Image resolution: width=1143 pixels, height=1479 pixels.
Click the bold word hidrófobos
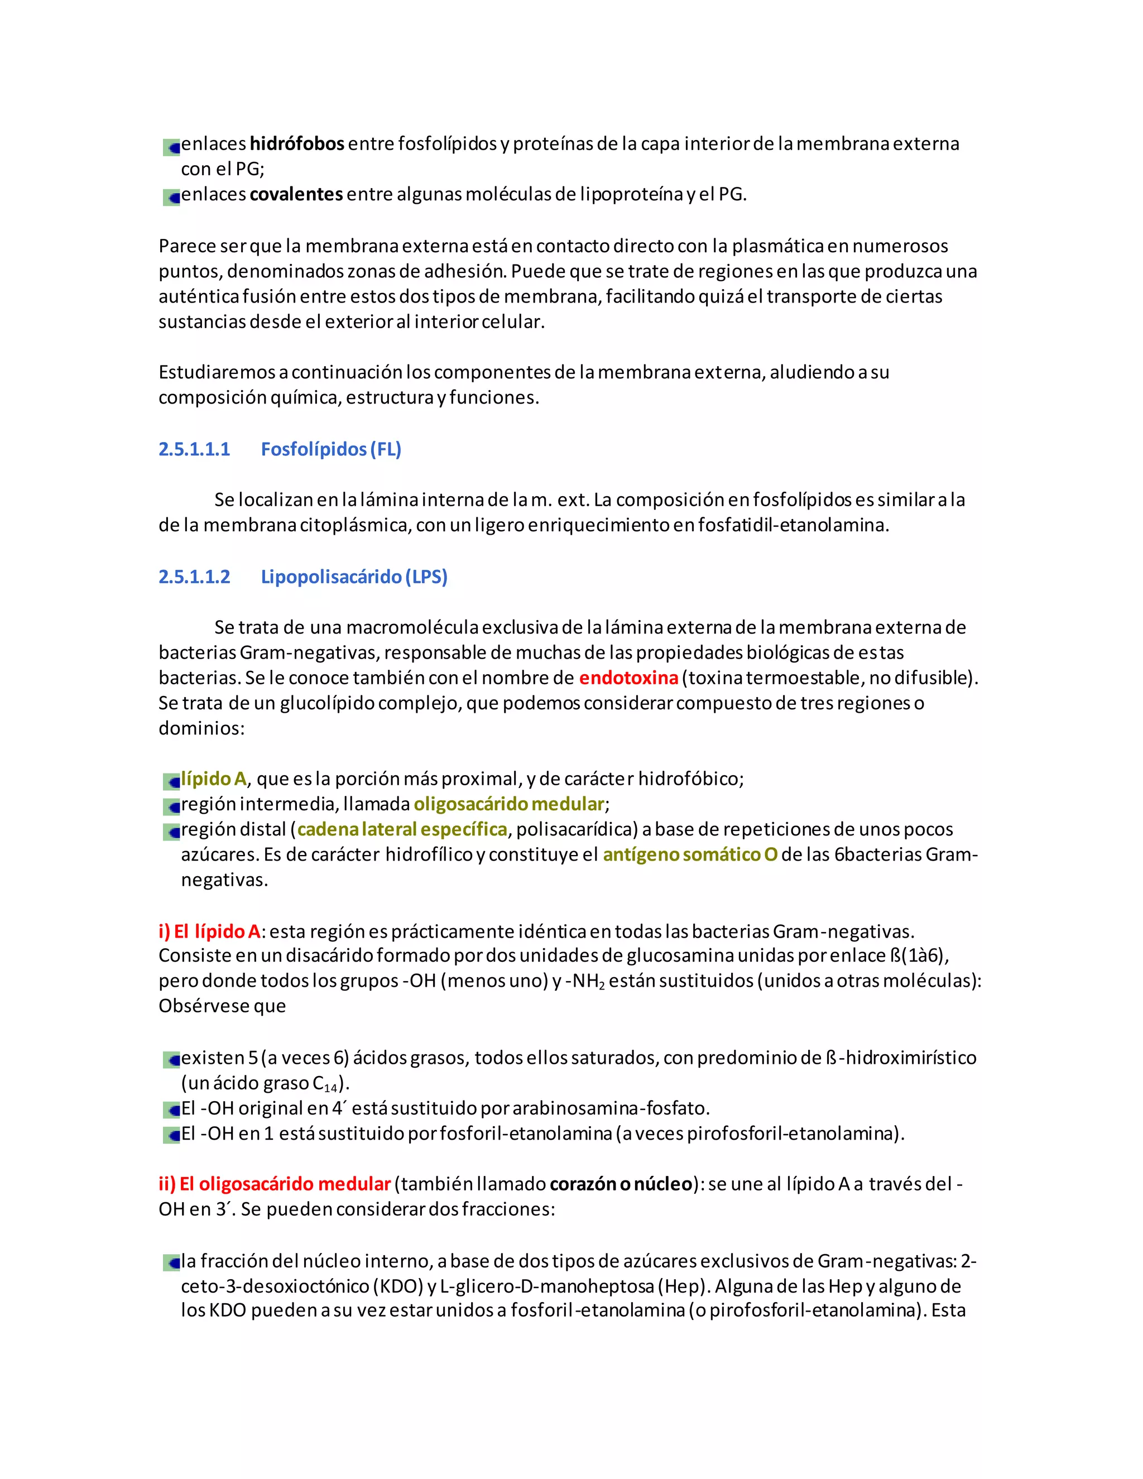pos(296,144)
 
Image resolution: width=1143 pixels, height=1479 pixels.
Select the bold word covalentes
pos(296,195)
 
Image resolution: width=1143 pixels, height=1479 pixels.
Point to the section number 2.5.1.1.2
pos(194,577)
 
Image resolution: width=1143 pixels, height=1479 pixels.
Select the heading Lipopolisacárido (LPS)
pos(354,577)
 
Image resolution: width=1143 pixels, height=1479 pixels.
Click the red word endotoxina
pos(628,678)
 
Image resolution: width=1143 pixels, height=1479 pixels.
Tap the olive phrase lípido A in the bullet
pos(213,779)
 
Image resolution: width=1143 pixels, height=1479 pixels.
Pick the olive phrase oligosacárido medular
pos(508,804)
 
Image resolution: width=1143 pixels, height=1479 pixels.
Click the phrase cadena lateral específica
pos(402,829)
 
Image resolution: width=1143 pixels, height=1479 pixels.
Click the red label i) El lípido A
pos(209,932)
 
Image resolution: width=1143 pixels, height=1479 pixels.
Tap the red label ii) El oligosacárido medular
pos(274,1184)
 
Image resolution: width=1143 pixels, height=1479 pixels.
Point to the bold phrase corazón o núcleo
pos(621,1184)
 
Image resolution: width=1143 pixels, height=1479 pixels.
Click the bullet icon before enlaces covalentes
pos(171,197)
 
